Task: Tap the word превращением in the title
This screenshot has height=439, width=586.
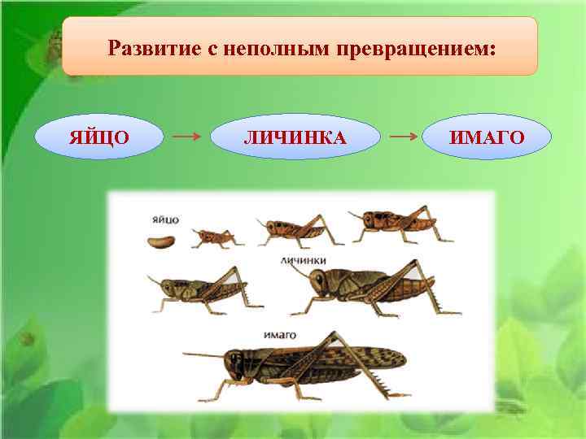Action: point(409,49)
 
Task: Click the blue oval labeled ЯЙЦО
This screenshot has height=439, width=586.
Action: point(98,137)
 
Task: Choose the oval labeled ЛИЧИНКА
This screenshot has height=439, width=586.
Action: point(295,137)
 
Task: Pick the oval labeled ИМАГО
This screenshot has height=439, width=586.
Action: point(488,137)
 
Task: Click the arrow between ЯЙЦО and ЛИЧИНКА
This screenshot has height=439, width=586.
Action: point(188,137)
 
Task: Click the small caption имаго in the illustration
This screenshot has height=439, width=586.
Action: point(280,334)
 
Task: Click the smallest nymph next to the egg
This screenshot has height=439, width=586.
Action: point(215,237)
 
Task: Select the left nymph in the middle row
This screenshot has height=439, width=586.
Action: point(200,290)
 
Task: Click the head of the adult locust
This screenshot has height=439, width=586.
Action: point(237,366)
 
